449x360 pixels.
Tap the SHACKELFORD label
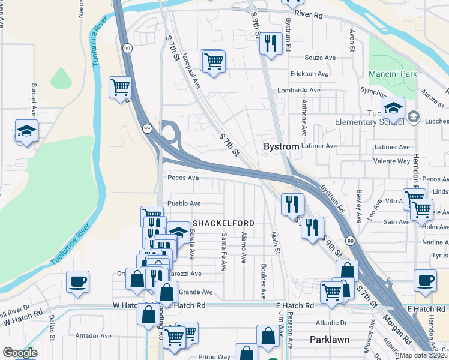(223, 223)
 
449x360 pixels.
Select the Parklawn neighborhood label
(330, 340)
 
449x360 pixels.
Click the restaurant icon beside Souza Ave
(272, 43)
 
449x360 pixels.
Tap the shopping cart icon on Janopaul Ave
(213, 61)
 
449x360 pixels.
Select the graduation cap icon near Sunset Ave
(26, 131)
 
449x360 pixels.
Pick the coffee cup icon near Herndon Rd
(425, 280)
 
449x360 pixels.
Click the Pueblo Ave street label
(184, 204)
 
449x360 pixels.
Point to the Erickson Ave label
(309, 74)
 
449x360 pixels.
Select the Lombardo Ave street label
(298, 90)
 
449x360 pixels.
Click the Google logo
(20, 353)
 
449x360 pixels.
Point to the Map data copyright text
(424, 355)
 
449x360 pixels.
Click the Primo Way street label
(215, 356)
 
